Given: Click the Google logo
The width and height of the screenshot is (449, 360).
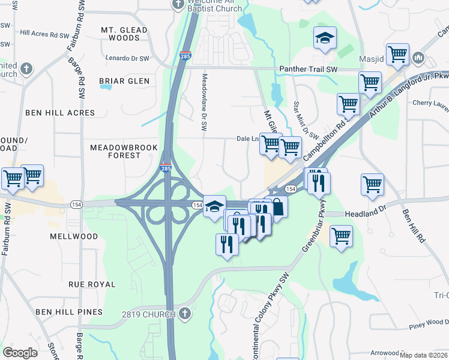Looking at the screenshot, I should tap(20, 353).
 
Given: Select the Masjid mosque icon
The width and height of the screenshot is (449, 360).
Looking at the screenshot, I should tap(418, 59).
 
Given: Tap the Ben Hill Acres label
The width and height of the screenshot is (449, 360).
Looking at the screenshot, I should tap(60, 113).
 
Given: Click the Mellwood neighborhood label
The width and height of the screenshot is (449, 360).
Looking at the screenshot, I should tap(74, 236).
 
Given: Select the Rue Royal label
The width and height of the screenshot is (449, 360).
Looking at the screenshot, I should tap(92, 284).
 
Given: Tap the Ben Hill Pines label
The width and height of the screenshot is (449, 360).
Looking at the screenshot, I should tap(69, 312).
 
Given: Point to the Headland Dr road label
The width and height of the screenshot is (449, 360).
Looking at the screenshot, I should tap(365, 212).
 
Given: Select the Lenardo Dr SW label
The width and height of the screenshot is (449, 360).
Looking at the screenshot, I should tap(127, 59).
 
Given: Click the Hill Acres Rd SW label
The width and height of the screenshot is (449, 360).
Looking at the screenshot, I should tap(44, 34).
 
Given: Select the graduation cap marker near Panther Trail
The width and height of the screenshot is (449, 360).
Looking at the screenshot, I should tap(325, 38).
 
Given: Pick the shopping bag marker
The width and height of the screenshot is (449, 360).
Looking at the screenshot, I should tap(277, 207).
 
